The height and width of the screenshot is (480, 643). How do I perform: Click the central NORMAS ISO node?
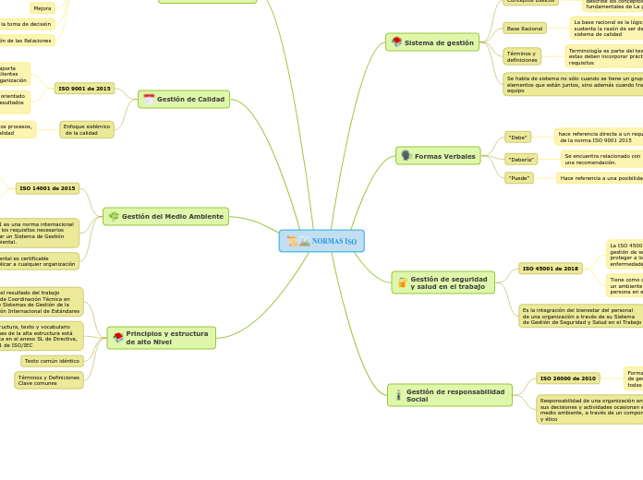click(321, 241)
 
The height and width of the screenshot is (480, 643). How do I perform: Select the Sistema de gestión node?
click(432, 42)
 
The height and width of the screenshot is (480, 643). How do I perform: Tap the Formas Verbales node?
click(438, 156)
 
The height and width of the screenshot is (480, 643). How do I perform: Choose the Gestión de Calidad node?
click(184, 99)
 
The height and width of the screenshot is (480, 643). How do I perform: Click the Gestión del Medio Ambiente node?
click(165, 216)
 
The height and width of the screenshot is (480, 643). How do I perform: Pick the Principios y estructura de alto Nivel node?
click(162, 338)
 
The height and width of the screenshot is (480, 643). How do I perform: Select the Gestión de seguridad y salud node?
click(443, 282)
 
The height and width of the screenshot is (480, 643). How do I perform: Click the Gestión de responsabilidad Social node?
click(450, 395)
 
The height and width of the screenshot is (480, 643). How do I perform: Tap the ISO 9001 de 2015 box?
click(85, 89)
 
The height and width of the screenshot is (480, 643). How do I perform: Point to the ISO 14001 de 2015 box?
click(47, 188)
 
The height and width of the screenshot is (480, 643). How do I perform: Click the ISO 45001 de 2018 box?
click(550, 269)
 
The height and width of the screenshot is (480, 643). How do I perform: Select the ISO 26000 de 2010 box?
click(567, 378)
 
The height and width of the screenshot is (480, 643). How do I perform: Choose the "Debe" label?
click(518, 137)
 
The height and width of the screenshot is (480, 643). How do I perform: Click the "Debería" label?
click(521, 159)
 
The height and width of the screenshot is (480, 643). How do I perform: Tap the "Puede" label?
click(519, 178)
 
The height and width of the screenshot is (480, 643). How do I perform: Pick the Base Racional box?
click(525, 29)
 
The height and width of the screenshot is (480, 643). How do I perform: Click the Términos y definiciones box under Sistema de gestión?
click(522, 56)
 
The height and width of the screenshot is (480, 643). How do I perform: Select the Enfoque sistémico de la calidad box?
click(87, 129)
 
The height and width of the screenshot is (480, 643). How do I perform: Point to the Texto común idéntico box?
click(52, 361)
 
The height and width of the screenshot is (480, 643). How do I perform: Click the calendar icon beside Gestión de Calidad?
click(149, 99)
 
